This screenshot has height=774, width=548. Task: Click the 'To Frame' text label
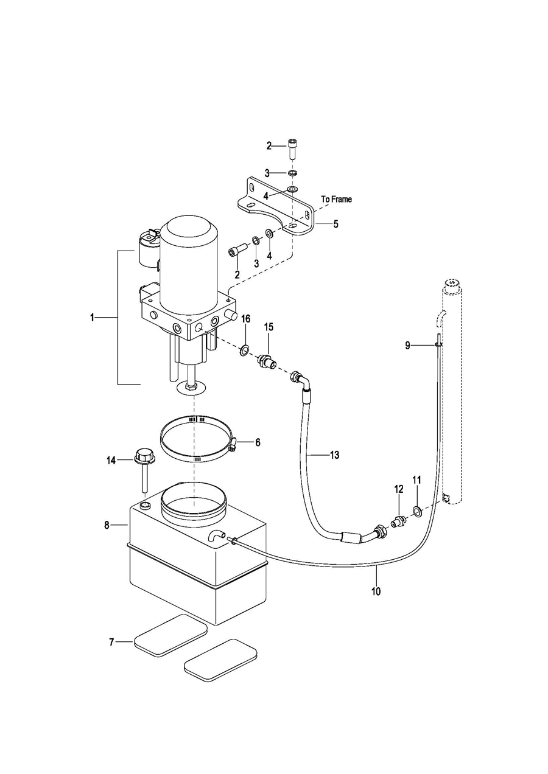[336, 200]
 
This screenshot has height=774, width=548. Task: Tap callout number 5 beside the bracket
[335, 224]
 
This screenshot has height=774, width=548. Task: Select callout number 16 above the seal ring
[245, 319]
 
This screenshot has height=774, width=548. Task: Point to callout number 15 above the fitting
[269, 327]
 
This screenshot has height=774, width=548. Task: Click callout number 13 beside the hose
[334, 455]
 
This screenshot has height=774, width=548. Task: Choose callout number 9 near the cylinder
[407, 345]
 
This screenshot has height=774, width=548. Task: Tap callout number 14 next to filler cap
[111, 460]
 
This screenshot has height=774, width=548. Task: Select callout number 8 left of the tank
[107, 525]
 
